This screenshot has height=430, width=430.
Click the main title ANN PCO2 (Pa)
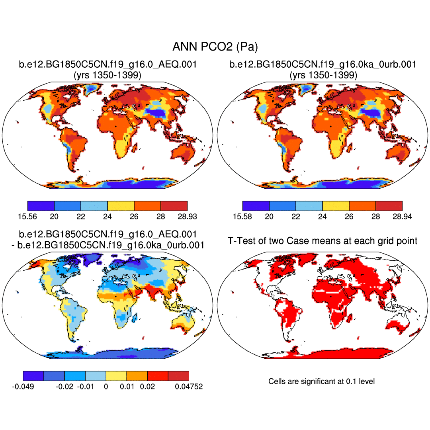pyautogui.click(x=215, y=47)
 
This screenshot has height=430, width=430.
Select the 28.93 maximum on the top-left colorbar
pyautogui.click(x=187, y=216)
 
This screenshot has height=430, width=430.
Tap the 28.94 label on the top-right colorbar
pyautogui.click(x=401, y=216)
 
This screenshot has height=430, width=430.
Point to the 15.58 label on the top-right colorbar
pyautogui.click(x=242, y=216)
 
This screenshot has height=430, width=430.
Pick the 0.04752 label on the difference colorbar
pyautogui.click(x=189, y=387)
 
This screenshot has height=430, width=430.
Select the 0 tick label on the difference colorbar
pyautogui.click(x=106, y=387)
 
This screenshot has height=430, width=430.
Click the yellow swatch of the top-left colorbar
pyautogui.click(x=121, y=206)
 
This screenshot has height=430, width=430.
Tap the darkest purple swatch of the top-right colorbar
pyautogui.click(x=256, y=206)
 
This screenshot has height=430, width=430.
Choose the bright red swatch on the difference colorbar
pyautogui.click(x=158, y=375)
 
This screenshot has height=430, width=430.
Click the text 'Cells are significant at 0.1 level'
pyautogui.click(x=321, y=381)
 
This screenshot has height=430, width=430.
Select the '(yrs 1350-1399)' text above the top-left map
pyautogui.click(x=107, y=75)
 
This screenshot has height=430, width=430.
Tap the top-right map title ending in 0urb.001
pyautogui.click(x=323, y=64)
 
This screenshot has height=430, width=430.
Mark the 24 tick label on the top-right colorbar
pyautogui.click(x=322, y=216)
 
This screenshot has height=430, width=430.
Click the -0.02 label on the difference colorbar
pyautogui.click(x=64, y=387)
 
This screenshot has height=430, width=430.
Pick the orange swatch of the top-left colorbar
pyautogui.click(x=147, y=206)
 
